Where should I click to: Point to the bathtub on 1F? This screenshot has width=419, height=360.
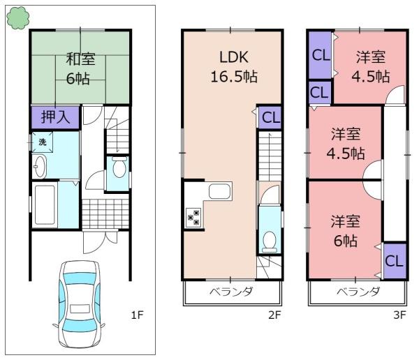[x=45, y=204]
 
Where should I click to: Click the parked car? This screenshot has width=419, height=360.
[x=80, y=304]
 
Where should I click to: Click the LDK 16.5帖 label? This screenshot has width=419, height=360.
[x=233, y=66]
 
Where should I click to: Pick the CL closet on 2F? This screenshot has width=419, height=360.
[x=270, y=117]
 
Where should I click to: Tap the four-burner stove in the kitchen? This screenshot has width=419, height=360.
[x=192, y=218]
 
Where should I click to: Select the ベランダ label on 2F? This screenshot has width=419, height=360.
[x=231, y=292]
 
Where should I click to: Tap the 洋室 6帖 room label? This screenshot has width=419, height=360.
[x=345, y=231]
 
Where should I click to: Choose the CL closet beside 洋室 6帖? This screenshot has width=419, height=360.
[x=393, y=262]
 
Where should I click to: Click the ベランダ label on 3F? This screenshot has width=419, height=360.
[x=358, y=292]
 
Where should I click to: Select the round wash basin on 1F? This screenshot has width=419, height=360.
[x=39, y=167]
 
